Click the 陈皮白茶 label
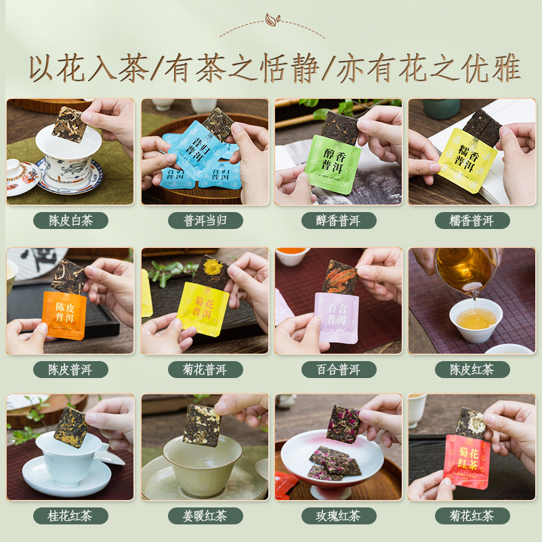click(70, 221)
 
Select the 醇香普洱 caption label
click(337, 221)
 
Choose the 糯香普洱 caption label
click(472, 221)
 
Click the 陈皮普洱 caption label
click(70, 369)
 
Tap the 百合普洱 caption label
click(337, 369)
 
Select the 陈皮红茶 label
click(472, 369)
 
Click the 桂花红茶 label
click(70, 516)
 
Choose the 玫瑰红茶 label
click(337, 516)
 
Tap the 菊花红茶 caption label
click(472, 516)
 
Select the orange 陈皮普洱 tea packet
click(64, 315)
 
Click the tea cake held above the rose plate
click(342, 423)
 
